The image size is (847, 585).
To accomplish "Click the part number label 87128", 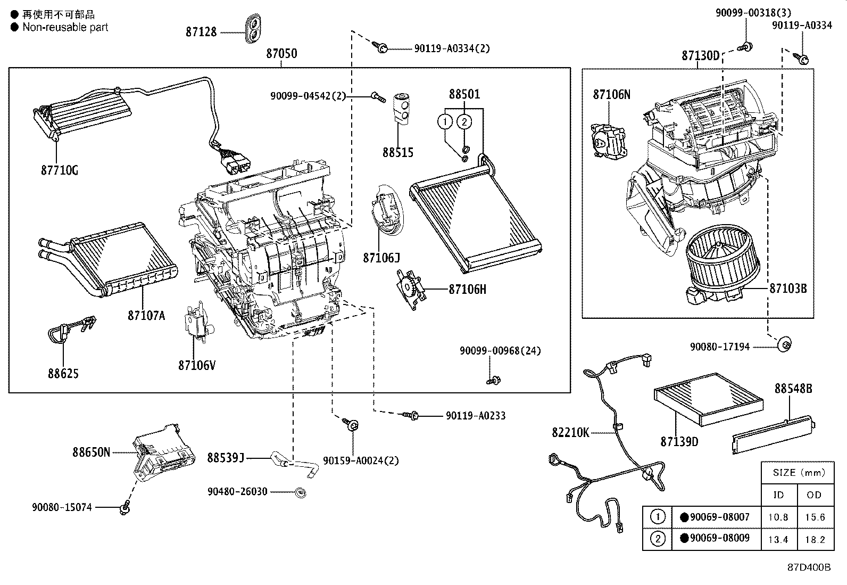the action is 201,32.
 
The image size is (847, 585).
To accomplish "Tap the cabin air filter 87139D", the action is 709,399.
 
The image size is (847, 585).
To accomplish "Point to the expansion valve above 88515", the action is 401,108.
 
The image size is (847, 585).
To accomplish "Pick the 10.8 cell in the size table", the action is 778,517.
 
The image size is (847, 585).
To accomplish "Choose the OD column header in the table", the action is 814,495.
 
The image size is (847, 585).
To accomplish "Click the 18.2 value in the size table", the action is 815,539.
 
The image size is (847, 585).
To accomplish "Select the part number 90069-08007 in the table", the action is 719,517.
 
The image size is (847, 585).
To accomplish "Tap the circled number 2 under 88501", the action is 464,121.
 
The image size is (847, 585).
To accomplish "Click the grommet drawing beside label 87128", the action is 253,29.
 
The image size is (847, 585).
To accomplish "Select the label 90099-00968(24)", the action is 500,351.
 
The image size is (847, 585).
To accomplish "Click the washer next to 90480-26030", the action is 301,492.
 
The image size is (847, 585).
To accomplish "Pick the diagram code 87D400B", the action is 809,567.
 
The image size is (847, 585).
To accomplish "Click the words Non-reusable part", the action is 65,27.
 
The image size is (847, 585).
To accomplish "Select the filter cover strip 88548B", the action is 773,435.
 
